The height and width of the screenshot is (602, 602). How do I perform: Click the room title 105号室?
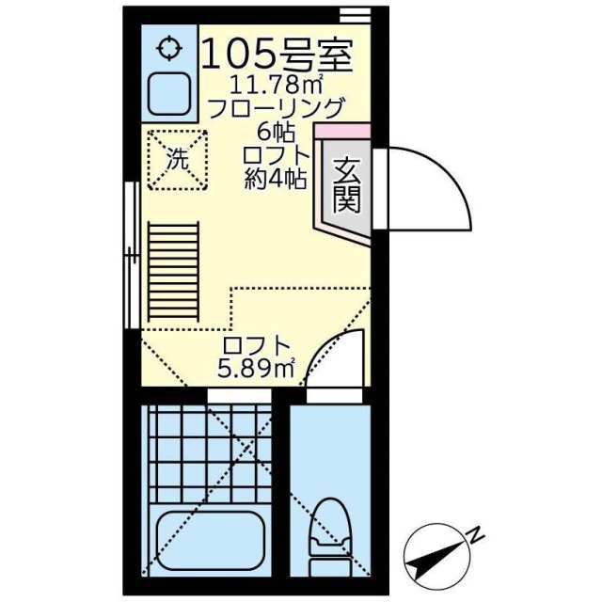coord(277,55)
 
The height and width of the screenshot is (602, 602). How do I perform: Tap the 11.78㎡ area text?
coord(276,86)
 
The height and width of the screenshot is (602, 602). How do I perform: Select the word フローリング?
coord(275,109)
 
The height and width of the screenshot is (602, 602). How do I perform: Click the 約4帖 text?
coord(276,178)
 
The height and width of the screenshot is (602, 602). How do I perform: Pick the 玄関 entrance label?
coord(347,185)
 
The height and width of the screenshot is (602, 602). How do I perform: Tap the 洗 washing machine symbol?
coord(178,160)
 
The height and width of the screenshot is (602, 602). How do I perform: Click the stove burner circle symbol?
coord(169,48)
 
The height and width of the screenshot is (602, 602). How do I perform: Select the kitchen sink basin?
coord(169,94)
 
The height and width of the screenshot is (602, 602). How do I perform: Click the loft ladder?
coord(173,272)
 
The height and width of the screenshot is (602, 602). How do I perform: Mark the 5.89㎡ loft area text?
coord(256,369)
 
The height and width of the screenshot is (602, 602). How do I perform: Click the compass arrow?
coord(436,556)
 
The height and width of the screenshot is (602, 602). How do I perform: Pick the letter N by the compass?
coord(475,535)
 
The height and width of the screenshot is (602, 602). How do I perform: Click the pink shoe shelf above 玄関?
coord(342,131)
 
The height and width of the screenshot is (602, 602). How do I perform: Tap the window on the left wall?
coord(132,255)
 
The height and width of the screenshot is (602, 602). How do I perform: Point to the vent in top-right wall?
coord(356,16)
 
